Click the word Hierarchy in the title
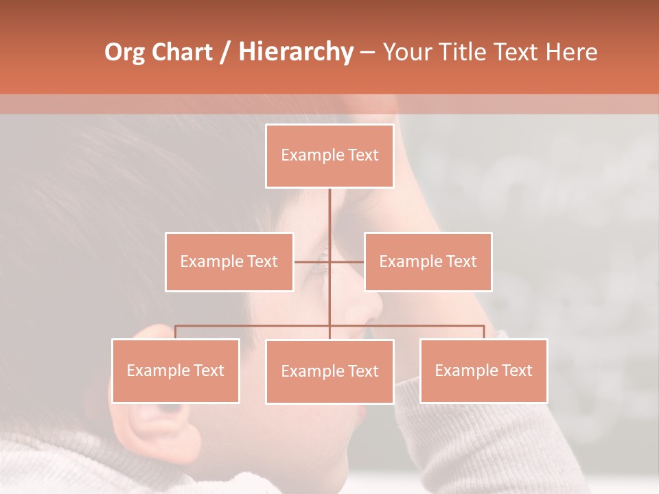tap(296, 52)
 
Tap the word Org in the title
tap(125, 52)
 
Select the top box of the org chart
tap(329, 156)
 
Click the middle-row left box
tap(229, 261)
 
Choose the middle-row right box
tap(428, 261)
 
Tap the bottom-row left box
tap(176, 370)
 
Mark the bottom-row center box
tap(329, 371)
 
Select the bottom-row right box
tap(483, 370)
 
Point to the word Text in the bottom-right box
tap(517, 370)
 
